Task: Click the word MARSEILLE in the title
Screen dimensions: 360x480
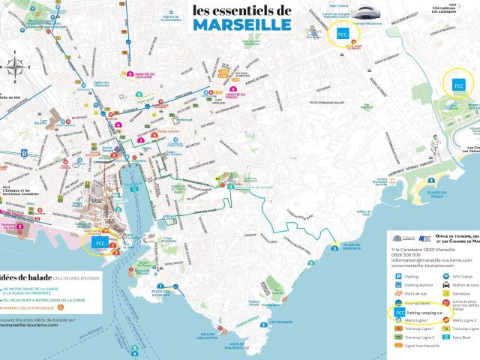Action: point(241,24)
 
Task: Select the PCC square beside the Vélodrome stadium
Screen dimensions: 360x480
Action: point(342,34)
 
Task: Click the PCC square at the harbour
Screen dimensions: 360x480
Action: point(99,242)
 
